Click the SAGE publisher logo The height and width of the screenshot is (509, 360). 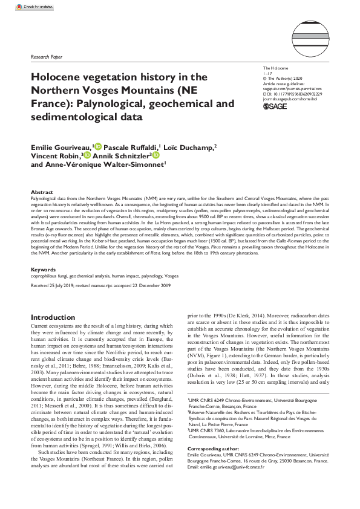point(275,106)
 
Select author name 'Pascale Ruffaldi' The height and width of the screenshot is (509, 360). point(128,146)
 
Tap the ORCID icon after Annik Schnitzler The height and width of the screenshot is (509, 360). point(157,155)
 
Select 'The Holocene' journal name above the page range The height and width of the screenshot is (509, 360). point(276,70)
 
